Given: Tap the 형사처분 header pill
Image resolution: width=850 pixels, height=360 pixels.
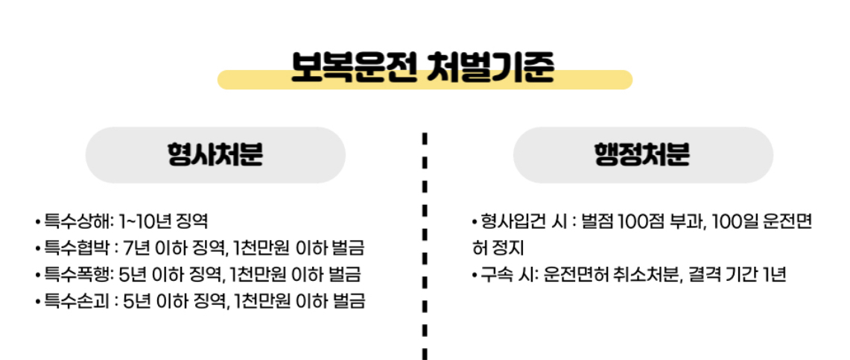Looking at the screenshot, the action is [215, 155].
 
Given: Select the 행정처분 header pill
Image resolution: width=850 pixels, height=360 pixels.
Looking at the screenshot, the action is [642, 155].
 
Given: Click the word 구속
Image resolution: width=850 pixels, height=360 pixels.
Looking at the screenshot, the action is [498, 275].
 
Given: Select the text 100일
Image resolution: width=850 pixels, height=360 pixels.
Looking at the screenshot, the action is [735, 221].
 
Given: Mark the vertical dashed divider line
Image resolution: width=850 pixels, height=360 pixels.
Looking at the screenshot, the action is [424, 246].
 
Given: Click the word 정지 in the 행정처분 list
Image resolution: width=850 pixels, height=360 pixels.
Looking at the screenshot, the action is [510, 248].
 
